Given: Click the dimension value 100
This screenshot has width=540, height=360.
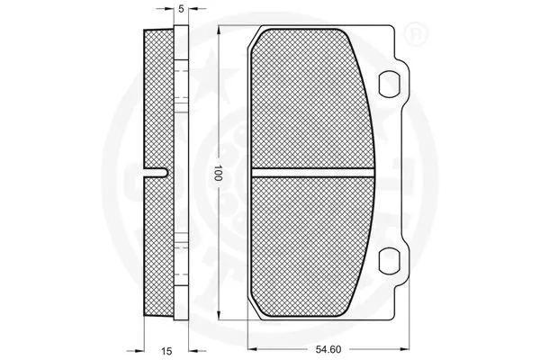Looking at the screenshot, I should pos(218,174).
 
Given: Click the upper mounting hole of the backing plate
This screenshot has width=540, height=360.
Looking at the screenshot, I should pos(391,83).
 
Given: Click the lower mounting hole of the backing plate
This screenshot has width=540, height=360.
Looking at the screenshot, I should pos(391,261).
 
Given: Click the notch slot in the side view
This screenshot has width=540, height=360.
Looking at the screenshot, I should pos(158,172).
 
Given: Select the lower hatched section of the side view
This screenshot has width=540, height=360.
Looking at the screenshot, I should pos(158,247).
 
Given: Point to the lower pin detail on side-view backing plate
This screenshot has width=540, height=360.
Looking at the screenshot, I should pos(180,243).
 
